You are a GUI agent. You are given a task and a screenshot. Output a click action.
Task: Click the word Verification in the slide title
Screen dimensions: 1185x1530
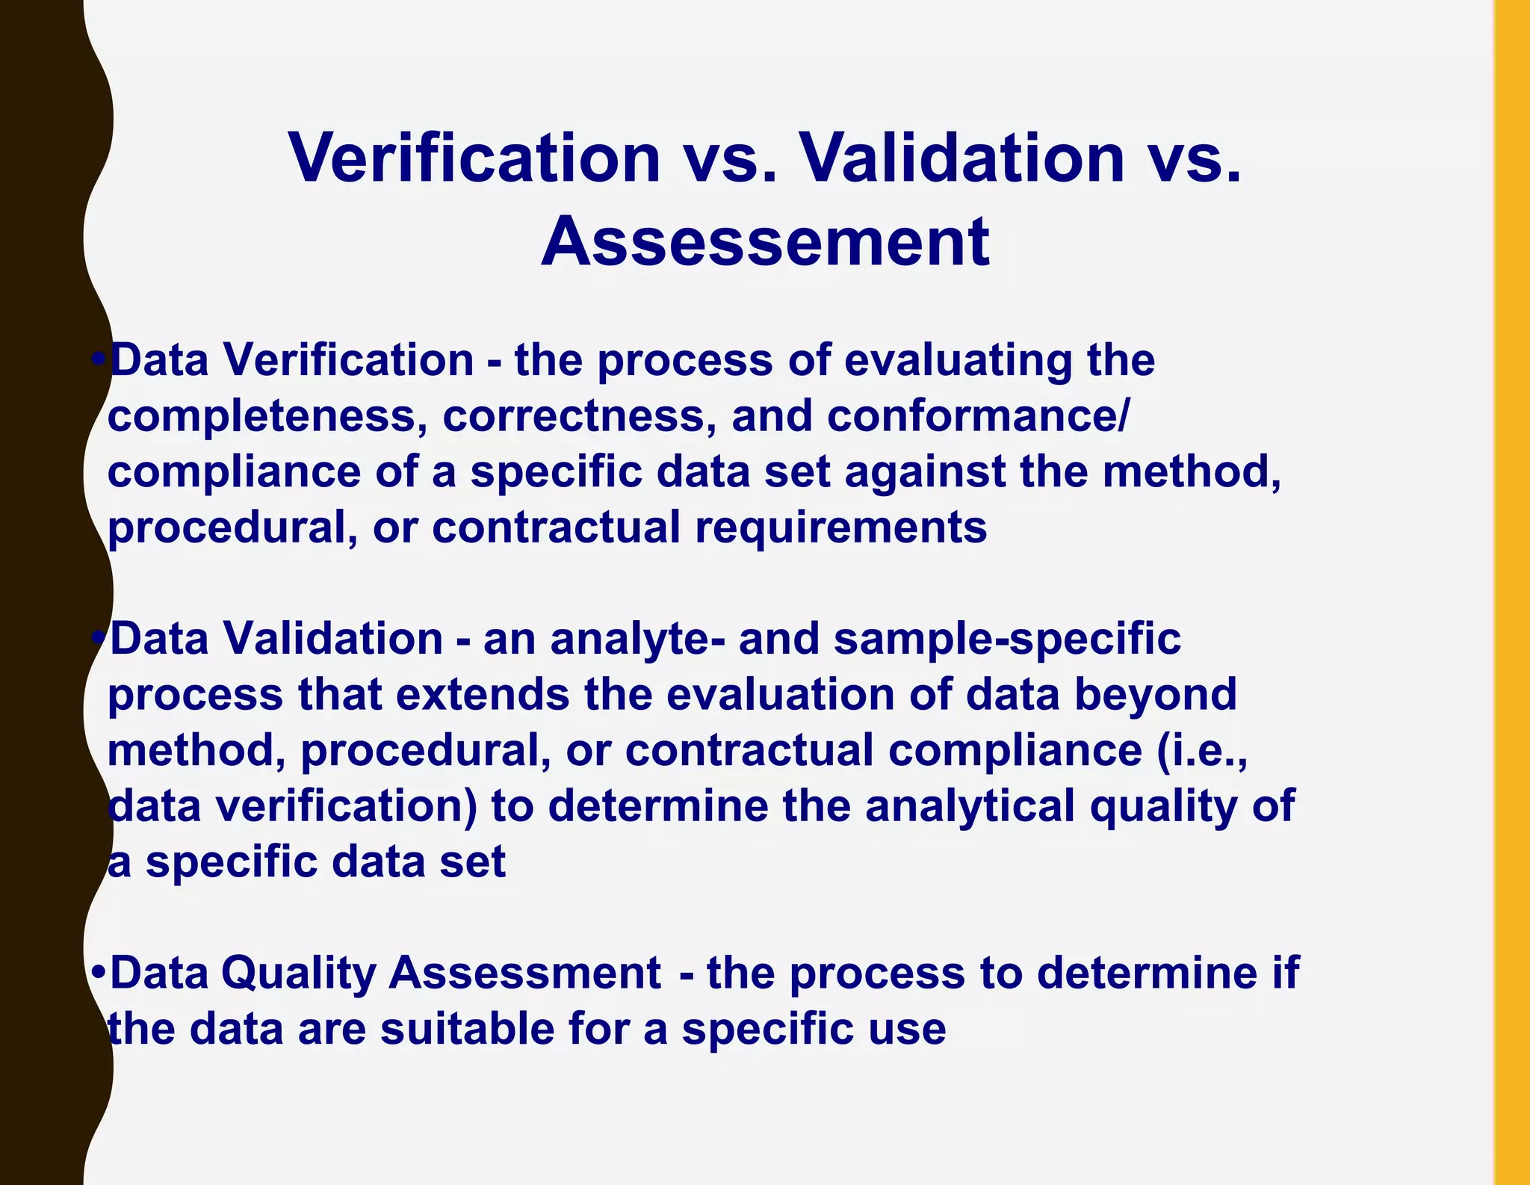coord(475,158)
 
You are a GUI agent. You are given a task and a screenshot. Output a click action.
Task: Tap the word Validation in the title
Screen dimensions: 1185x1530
coord(963,158)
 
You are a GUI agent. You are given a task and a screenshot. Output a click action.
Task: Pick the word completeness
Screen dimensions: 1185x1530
coord(261,416)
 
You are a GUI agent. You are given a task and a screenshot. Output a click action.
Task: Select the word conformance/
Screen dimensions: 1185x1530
coord(978,416)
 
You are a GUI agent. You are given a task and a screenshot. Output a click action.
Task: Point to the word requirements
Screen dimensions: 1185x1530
coord(840,528)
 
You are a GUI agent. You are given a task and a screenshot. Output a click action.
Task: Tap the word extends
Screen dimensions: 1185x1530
coord(483,695)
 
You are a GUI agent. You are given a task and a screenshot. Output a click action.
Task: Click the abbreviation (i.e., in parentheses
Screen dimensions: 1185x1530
coord(1202,750)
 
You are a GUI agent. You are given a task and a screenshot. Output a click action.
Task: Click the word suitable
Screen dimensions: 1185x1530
coord(467,1030)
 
